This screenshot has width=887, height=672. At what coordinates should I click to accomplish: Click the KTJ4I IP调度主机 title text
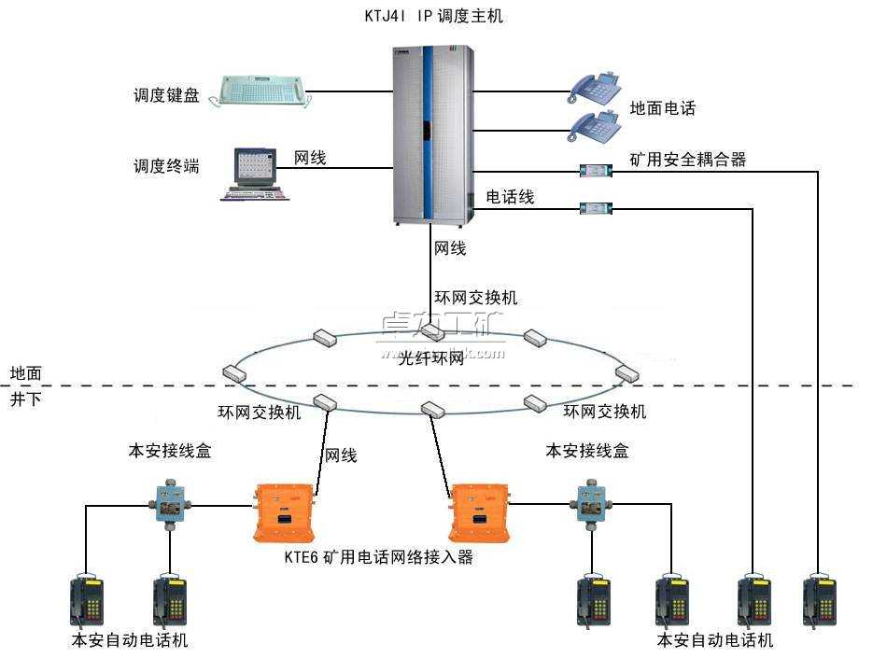pyautogui.click(x=433, y=16)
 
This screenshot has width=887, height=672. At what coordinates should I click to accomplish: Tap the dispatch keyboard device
pyautogui.click(x=258, y=91)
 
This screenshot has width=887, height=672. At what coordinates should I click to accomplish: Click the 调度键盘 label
pyautogui.click(x=166, y=94)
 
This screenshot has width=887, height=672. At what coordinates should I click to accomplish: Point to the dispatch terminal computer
pyautogui.click(x=254, y=174)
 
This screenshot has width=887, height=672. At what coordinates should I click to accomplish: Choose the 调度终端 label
pyautogui.click(x=166, y=166)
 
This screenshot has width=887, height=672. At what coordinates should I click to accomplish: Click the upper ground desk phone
pyautogui.click(x=596, y=87)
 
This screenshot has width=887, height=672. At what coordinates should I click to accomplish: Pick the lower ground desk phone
pyautogui.click(x=596, y=126)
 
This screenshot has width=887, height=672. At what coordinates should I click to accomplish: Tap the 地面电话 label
pyautogui.click(x=663, y=108)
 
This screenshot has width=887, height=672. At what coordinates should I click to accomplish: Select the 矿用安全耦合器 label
pyautogui.click(x=688, y=160)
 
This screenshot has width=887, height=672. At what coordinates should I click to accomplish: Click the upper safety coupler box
pyautogui.click(x=594, y=171)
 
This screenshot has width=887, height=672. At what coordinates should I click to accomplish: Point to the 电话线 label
pyautogui.click(x=510, y=197)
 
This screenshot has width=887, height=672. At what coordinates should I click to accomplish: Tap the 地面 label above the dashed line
pyautogui.click(x=25, y=372)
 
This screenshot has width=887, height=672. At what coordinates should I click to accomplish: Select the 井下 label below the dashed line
pyautogui.click(x=25, y=399)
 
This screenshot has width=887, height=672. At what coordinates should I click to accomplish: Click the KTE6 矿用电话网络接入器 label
pyautogui.click(x=379, y=557)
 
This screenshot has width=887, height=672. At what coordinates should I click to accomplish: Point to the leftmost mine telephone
pyautogui.click(x=86, y=599)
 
